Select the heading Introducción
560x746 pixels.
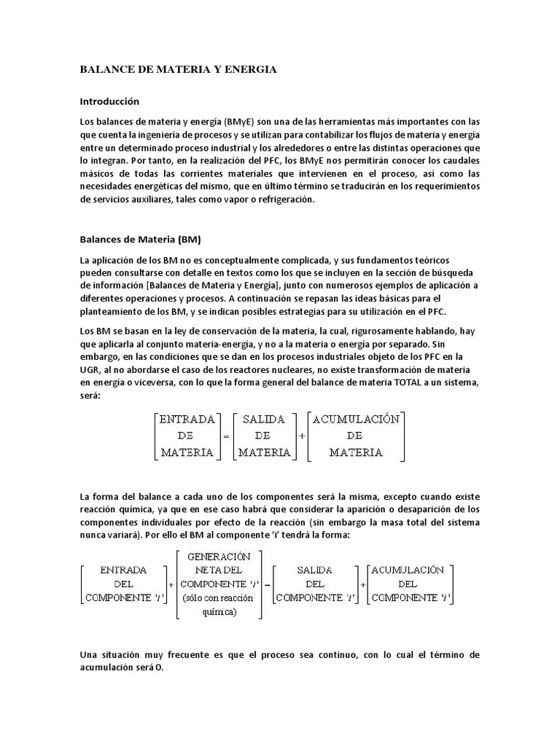point(109,101)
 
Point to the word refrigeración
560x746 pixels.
point(284,200)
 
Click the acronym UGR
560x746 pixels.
point(89,369)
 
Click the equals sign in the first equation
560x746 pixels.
point(226,436)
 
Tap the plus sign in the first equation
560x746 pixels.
point(302,436)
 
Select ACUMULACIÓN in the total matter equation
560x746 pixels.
point(355,419)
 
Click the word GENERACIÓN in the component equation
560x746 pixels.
point(219,557)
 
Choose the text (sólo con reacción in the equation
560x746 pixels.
point(219,598)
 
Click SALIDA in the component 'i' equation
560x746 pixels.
point(314,570)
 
